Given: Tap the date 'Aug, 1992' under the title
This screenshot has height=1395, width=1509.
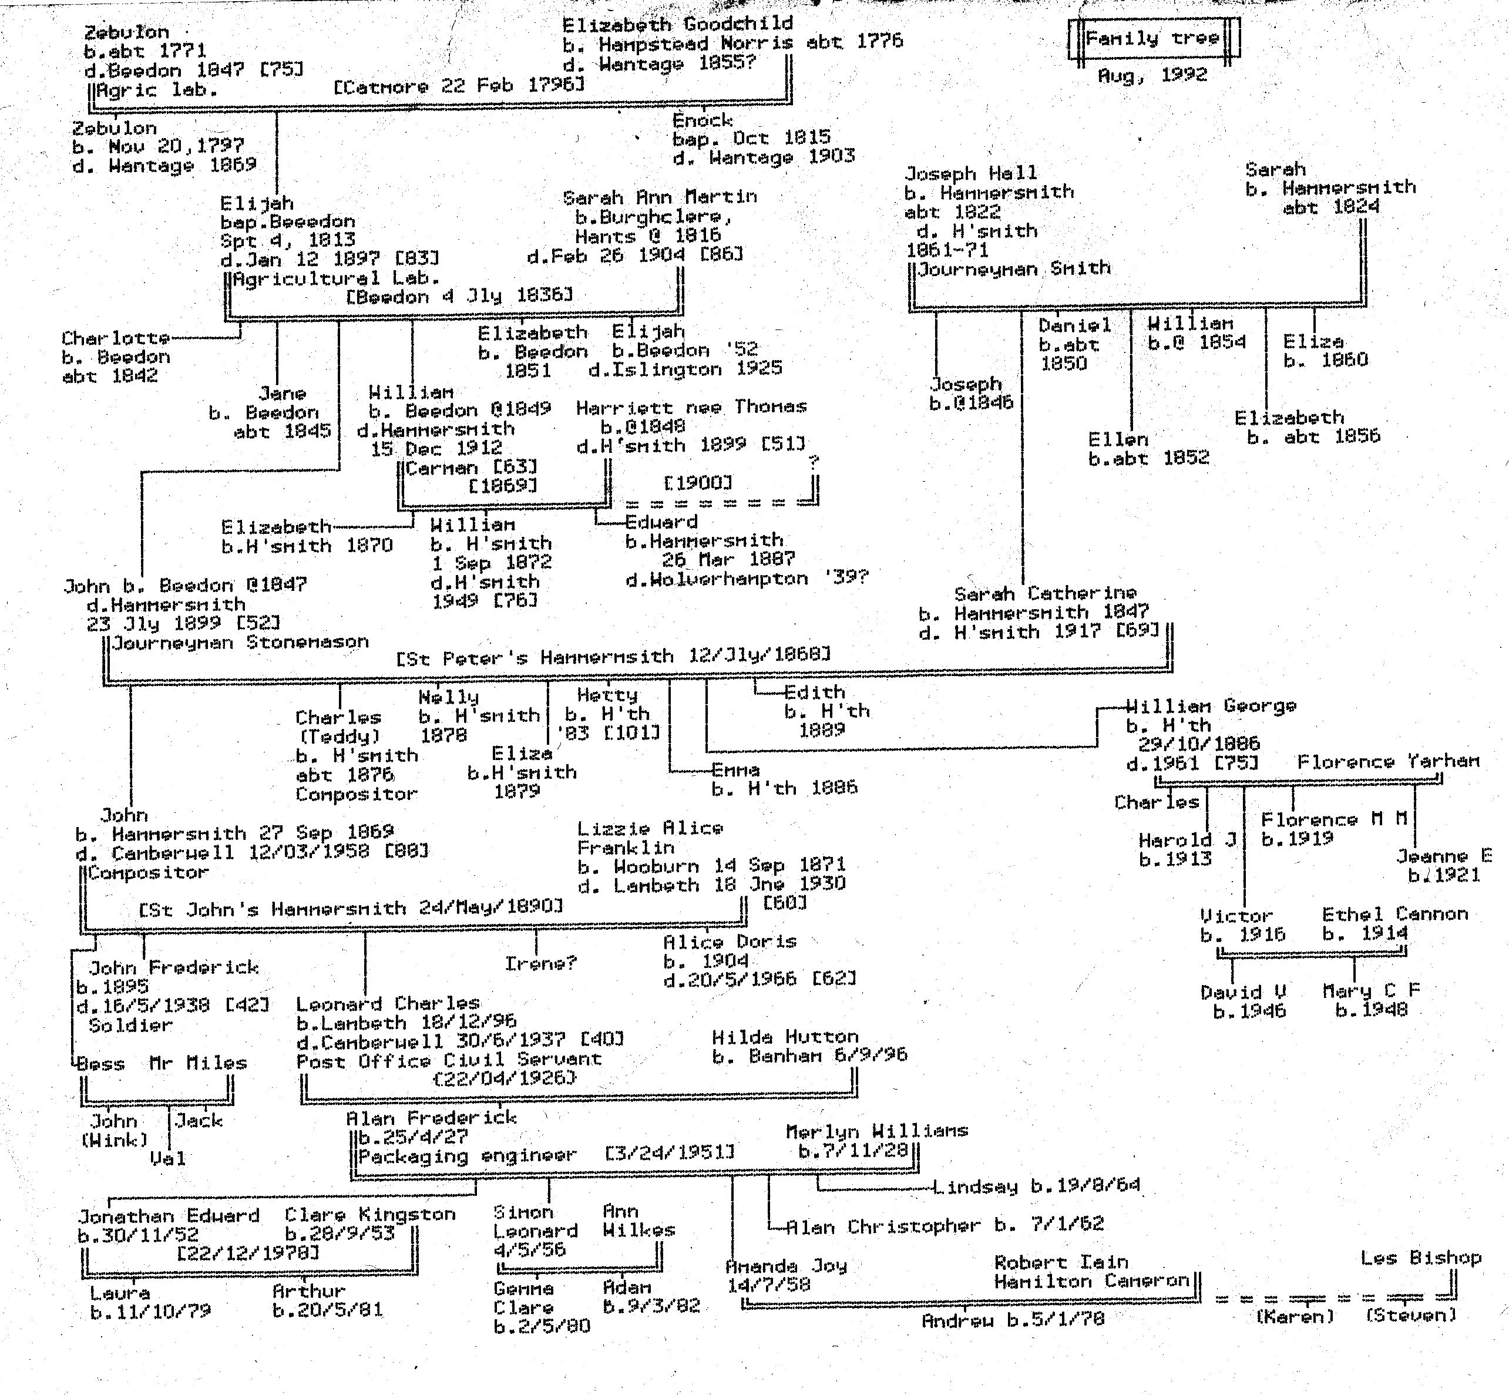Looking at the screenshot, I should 1152,75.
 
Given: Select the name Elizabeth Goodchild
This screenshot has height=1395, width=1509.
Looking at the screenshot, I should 677,23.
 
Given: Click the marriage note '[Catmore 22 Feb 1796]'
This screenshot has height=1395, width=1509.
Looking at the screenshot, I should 459,85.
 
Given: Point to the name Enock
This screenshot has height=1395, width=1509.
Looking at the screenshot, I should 702,120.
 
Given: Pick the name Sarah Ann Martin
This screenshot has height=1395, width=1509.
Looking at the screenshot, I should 660,197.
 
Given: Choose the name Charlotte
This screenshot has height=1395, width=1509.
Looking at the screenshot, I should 115,337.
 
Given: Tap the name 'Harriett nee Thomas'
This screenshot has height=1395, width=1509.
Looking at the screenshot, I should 691,407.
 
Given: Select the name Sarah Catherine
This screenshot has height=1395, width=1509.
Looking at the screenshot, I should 1045,593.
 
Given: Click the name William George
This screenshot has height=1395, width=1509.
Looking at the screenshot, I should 1211,706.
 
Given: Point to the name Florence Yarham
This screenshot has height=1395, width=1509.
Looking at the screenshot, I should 1388,762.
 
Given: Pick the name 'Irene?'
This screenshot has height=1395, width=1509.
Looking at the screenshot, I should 540,963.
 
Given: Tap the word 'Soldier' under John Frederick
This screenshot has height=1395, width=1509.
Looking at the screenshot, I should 130,1025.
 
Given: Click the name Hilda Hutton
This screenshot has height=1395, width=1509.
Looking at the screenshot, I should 785,1037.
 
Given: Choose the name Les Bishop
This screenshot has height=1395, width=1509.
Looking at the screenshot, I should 1421,1258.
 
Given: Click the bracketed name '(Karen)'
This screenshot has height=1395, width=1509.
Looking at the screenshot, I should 1295,1316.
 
